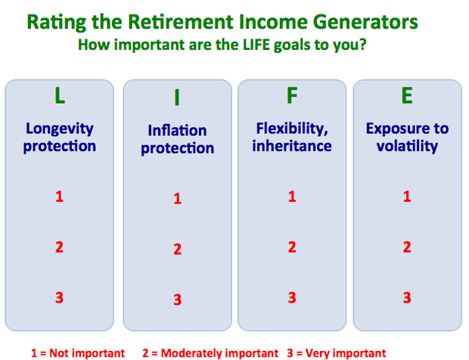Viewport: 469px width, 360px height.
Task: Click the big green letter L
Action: (60, 95)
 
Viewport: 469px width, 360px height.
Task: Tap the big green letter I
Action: (177, 98)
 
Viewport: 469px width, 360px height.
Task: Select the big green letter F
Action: (292, 95)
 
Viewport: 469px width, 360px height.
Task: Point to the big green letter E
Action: (407, 95)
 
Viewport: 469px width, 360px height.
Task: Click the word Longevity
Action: (60, 129)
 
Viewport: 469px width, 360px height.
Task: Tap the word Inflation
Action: (177, 130)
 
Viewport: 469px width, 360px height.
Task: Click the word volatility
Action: (407, 147)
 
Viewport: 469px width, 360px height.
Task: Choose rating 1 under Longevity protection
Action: (60, 197)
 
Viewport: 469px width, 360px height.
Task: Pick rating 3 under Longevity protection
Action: (60, 298)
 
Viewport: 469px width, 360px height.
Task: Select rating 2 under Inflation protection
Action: (177, 249)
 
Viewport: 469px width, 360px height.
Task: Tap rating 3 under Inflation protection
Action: (177, 299)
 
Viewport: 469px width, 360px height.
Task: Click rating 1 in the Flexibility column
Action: (292, 197)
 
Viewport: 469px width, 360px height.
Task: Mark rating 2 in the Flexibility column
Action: (292, 247)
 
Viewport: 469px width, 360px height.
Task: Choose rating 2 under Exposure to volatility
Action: (407, 247)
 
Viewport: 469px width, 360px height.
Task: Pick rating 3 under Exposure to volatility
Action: (407, 298)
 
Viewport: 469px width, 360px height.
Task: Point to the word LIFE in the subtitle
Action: (256, 45)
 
